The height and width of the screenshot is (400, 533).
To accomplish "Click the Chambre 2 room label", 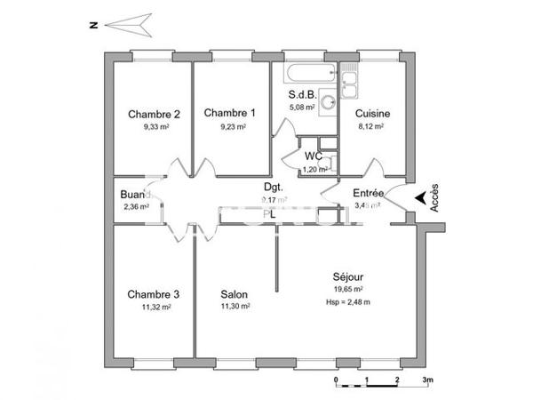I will coord(155,114).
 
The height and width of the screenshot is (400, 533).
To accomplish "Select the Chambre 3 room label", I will coord(154,294).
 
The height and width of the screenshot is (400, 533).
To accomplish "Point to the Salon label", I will coord(235,294).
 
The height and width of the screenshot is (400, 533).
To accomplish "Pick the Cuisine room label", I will coord(373,114).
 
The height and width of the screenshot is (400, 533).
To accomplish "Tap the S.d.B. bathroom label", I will coord(303,95).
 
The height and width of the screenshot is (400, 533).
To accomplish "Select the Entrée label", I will coord(369,193).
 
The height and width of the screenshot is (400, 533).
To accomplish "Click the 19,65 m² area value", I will coord(350,289).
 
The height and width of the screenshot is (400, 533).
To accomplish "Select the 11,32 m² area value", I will coord(154,307).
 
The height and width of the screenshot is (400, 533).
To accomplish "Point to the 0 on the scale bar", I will coord(337,380).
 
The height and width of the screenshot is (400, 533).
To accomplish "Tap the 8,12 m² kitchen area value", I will coord(370,126).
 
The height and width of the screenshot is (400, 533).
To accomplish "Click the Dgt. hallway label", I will coord(273,187).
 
